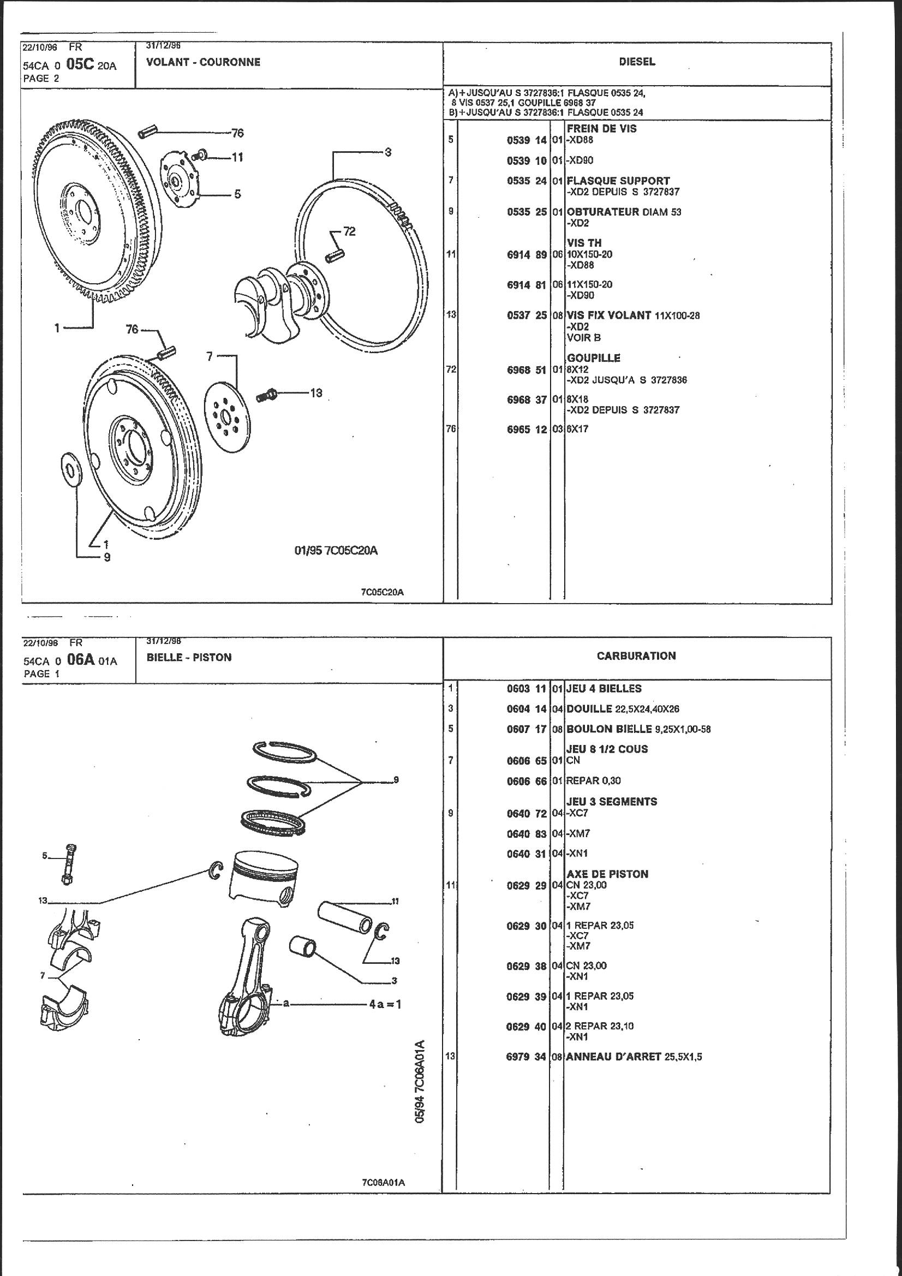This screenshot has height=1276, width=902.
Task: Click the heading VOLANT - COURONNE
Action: (x=203, y=62)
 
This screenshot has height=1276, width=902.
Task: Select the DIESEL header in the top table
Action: (x=637, y=62)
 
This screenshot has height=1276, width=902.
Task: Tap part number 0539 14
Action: (x=527, y=140)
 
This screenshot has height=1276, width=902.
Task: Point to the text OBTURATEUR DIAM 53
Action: (x=624, y=212)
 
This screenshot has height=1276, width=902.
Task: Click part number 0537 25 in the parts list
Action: (x=527, y=315)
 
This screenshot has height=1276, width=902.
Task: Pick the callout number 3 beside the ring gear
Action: (x=388, y=152)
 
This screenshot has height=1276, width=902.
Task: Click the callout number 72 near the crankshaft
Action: (x=349, y=231)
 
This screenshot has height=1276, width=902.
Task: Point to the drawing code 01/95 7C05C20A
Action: (x=336, y=551)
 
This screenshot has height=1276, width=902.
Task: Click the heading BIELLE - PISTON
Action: (x=189, y=658)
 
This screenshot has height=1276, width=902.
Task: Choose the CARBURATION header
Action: (x=636, y=656)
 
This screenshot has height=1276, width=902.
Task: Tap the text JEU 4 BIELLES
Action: (x=604, y=689)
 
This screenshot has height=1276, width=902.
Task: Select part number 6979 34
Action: (x=527, y=1057)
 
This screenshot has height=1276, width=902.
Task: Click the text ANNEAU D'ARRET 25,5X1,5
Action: (x=634, y=1057)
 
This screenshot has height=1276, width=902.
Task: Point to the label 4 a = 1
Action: (x=385, y=1004)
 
